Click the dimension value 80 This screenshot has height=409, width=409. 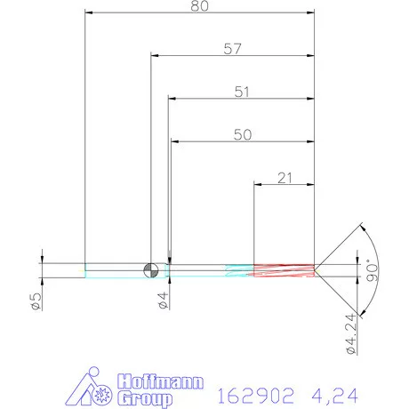pos(201,6)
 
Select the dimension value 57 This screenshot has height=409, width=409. pos(233,49)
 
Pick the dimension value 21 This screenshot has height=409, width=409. pos(285,178)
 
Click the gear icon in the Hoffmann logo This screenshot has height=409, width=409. pos(100,391)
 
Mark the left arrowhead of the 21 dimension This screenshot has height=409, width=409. pos(259,184)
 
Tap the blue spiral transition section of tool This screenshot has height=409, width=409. pos(238,269)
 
